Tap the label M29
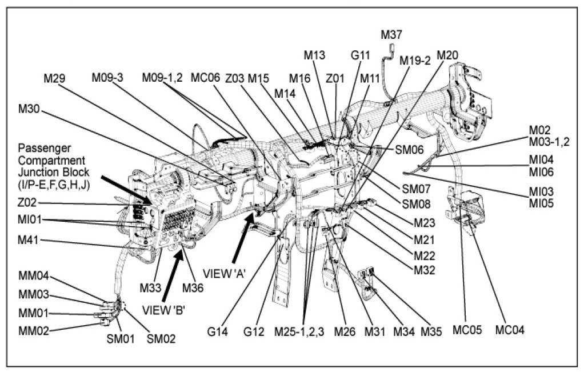point(57,77)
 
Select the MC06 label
point(205,77)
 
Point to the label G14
point(218,331)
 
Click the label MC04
point(510,330)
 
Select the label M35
point(431,331)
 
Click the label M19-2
point(415,61)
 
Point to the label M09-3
point(108,77)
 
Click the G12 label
point(254,331)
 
